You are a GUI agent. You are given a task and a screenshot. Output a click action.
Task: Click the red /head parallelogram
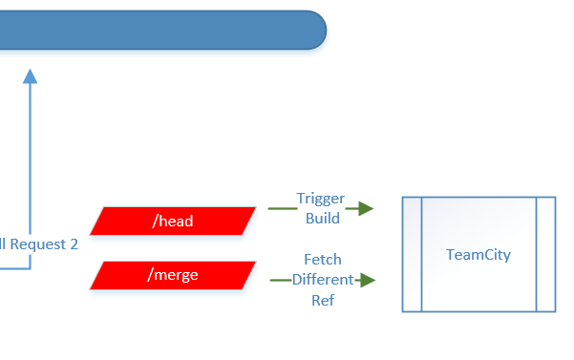click(x=173, y=221)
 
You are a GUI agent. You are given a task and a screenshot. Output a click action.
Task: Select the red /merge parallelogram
click(x=173, y=275)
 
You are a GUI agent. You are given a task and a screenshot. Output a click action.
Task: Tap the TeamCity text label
click(x=478, y=255)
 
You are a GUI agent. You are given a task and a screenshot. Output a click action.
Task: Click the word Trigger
click(x=320, y=199)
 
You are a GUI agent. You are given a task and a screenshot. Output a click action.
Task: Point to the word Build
click(x=322, y=218)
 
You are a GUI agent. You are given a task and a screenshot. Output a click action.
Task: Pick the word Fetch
click(x=323, y=260)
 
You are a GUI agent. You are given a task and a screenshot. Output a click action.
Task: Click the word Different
click(x=323, y=280)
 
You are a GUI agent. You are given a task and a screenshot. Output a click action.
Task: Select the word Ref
click(x=323, y=299)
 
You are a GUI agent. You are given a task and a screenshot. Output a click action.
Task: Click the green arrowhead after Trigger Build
click(x=365, y=208)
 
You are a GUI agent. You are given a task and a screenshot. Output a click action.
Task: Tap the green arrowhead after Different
click(x=368, y=280)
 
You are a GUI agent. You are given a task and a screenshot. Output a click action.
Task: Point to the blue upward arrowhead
click(x=31, y=75)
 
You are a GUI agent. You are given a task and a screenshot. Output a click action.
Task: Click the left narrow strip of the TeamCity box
click(x=412, y=254)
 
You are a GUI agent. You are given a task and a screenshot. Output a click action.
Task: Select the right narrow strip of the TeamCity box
click(x=545, y=254)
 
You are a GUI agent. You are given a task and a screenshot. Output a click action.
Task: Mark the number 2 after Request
click(x=74, y=244)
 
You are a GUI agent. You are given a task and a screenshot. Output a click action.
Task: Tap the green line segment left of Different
click(x=280, y=280)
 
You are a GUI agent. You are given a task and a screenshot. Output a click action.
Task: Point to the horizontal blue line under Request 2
click(x=14, y=268)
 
